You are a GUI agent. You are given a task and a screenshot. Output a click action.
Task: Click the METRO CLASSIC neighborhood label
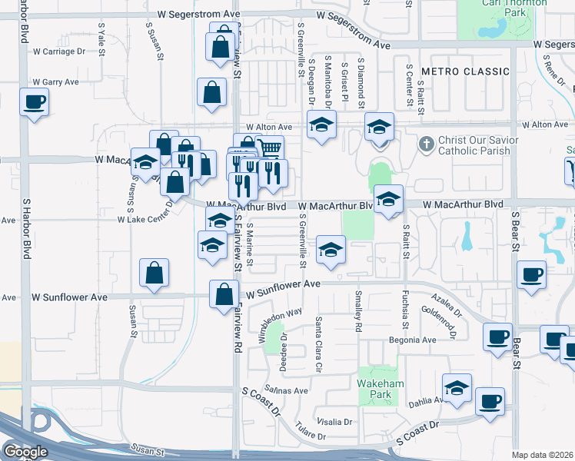(x=465, y=71)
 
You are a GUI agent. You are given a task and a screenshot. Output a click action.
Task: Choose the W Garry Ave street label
(x=55, y=82)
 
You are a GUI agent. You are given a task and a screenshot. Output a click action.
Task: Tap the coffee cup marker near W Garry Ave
(x=34, y=102)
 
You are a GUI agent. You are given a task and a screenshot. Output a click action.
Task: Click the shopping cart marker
(x=269, y=148)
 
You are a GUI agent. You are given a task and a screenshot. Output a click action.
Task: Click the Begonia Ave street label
(x=412, y=340)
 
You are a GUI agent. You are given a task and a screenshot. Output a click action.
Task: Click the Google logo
(x=25, y=452)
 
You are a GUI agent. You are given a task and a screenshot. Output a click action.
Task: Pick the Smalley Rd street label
(x=359, y=312)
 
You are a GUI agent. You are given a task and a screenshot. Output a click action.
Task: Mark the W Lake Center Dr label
(x=145, y=218)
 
